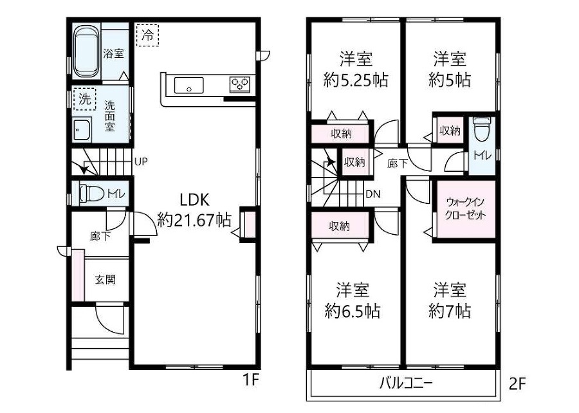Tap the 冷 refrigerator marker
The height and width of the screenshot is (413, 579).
(x=147, y=35)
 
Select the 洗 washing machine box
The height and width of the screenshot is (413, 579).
(x=84, y=99)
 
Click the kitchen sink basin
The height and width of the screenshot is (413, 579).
(x=188, y=86)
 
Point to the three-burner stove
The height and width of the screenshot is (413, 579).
(x=240, y=84)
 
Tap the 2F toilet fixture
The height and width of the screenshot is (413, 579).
(x=482, y=129)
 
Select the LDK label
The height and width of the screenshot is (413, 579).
(x=194, y=200)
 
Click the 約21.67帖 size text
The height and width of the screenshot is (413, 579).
(x=194, y=221)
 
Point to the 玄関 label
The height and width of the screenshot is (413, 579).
(x=106, y=279)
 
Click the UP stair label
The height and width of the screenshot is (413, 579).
(x=141, y=161)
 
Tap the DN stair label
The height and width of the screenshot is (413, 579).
(x=373, y=194)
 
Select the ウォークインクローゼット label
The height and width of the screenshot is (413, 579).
(x=465, y=208)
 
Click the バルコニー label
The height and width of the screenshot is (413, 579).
(x=406, y=383)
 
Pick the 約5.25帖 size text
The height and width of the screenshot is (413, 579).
(x=356, y=80)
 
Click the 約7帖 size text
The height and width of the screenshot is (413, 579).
(x=450, y=311)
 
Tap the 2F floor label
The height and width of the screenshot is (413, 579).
(x=517, y=384)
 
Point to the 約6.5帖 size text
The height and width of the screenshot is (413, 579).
(x=353, y=311)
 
